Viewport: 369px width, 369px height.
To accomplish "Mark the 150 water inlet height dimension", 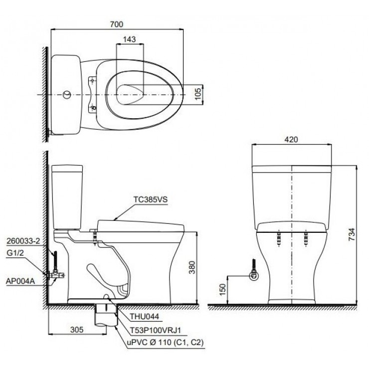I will coord(221,289).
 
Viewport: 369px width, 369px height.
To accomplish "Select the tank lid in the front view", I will coord(291,163).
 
